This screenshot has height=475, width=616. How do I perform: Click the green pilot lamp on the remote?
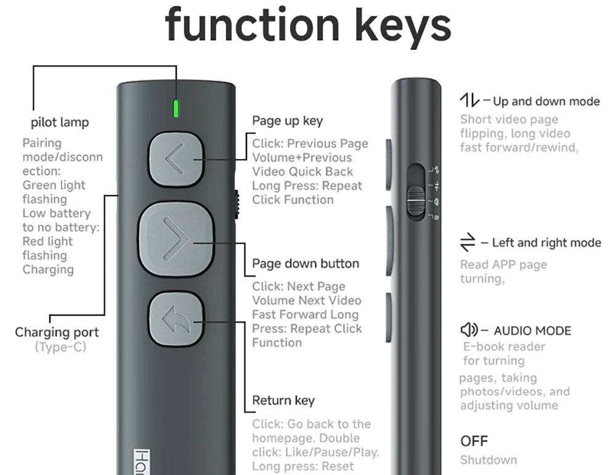point(176,109)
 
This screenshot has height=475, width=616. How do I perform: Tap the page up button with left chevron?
point(176,159)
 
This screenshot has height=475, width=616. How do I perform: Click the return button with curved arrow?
point(176,319)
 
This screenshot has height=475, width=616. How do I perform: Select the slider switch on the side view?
point(416,200)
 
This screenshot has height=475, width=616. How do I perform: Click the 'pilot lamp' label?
point(60,122)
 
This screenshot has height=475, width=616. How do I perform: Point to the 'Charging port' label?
point(57,332)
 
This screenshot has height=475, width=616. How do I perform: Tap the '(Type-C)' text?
point(60,347)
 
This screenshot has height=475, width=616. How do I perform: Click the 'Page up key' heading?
point(288,121)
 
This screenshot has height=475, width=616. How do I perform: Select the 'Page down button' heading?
point(306,263)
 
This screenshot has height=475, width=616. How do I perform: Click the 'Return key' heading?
point(283,400)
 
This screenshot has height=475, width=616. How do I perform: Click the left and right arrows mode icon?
point(468,242)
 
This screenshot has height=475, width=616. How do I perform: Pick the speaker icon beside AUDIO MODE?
point(469,329)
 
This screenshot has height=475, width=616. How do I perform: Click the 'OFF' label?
point(474,441)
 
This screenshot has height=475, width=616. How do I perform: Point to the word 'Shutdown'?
point(488,460)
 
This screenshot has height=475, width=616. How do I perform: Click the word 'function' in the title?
point(252,25)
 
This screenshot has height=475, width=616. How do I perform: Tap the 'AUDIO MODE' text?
point(532,331)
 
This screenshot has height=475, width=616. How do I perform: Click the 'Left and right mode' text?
point(546,242)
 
